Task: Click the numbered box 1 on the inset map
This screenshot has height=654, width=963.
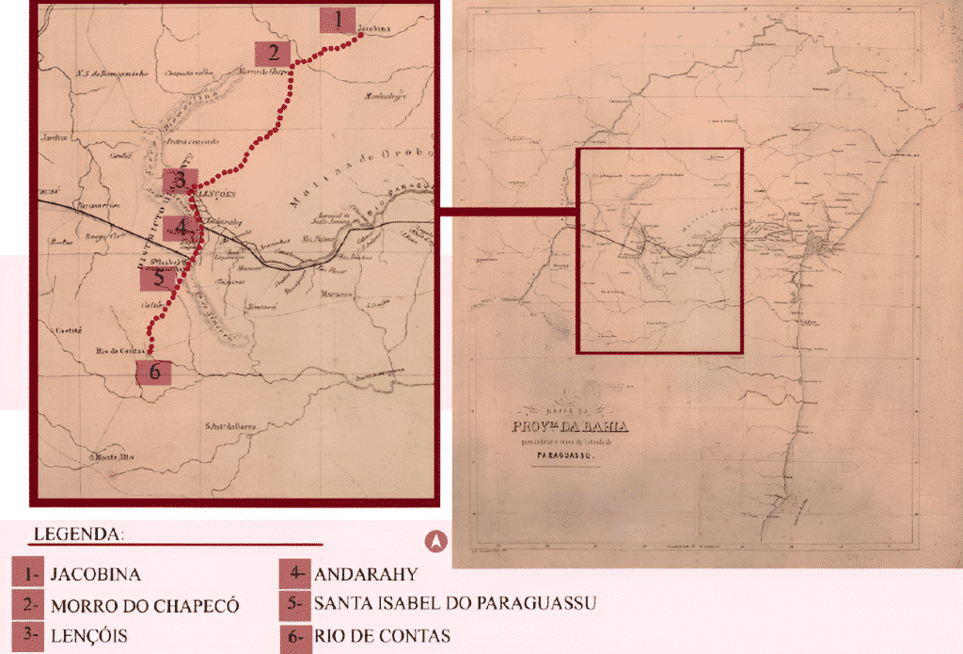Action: click(x=337, y=20)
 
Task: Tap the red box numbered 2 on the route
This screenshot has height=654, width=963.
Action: click(x=273, y=53)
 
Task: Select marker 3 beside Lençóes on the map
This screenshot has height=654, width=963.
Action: click(x=179, y=181)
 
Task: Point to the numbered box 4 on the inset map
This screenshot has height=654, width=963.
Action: click(x=179, y=228)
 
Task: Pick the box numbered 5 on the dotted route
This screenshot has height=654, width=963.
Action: click(x=158, y=278)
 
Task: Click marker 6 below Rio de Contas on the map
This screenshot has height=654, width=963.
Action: click(x=153, y=373)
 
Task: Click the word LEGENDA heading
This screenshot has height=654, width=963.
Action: click(x=79, y=534)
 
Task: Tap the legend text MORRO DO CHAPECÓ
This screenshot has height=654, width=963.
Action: click(x=145, y=605)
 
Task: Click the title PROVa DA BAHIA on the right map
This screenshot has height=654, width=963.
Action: click(x=571, y=427)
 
